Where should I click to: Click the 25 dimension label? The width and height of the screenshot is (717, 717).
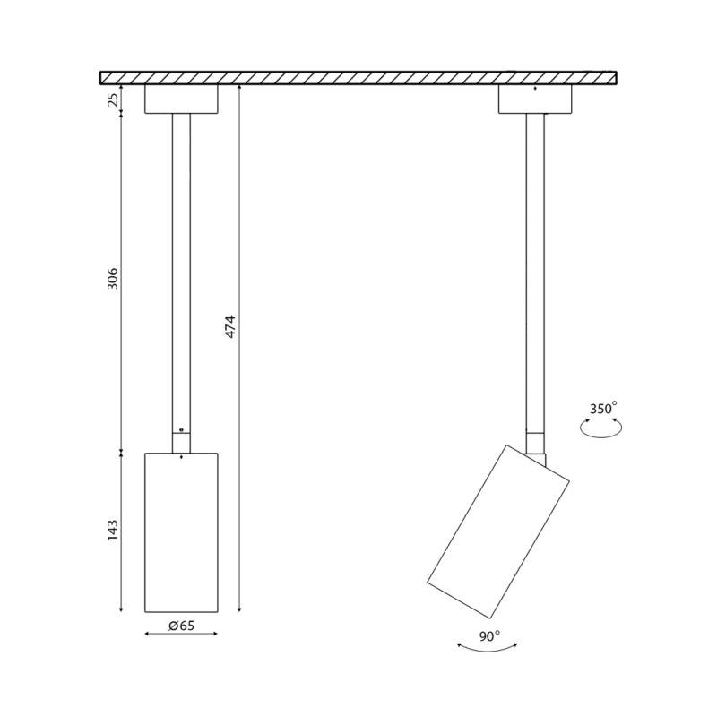click(113, 99)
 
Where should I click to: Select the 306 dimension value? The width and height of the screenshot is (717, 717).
click(113, 279)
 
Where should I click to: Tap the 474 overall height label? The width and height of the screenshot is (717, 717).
click(231, 326)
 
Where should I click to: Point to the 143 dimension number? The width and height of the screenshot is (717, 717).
click(113, 531)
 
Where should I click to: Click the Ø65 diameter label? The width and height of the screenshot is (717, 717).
click(182, 625)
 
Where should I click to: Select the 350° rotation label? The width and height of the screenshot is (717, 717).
click(603, 408)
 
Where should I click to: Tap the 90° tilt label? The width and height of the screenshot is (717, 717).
click(489, 635)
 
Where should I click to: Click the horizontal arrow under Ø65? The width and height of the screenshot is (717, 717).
click(181, 634)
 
